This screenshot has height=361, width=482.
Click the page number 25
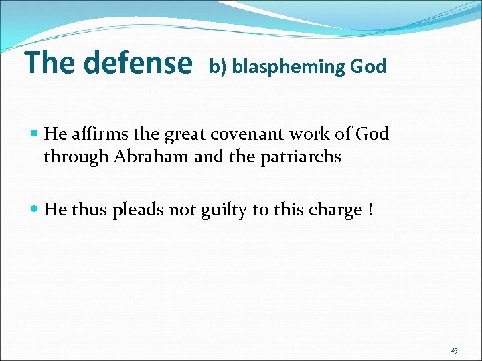click(x=454, y=350)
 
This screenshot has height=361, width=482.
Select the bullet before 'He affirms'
click(x=35, y=134)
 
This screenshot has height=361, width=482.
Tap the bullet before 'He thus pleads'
click(x=35, y=210)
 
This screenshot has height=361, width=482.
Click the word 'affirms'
click(x=98, y=134)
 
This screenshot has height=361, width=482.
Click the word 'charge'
click(x=337, y=211)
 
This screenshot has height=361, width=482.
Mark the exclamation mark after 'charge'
click(x=370, y=210)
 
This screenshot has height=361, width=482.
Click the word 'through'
click(x=68, y=157)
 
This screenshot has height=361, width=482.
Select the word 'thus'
click(x=89, y=210)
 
